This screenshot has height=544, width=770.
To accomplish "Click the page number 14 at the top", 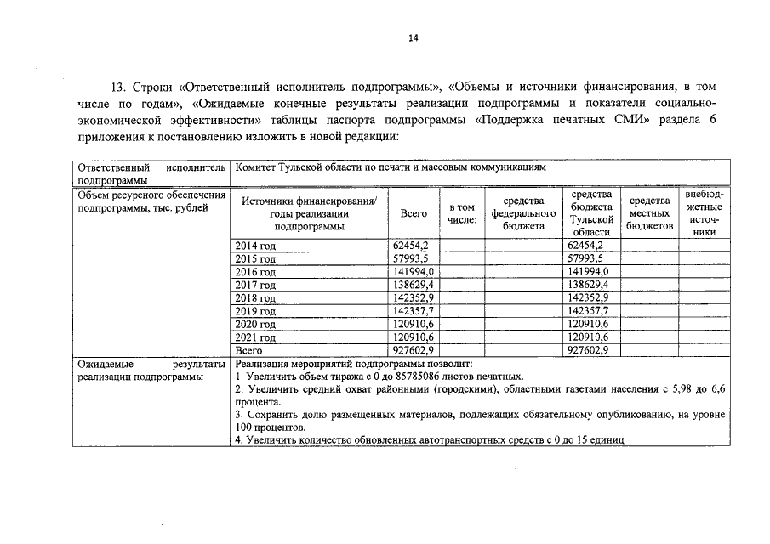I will (413, 37).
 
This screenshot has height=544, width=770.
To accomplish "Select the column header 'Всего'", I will (414, 214).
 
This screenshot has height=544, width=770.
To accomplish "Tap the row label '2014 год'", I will (255, 246).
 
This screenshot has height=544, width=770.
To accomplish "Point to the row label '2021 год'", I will (255, 337).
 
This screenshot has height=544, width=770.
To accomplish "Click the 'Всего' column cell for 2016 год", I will (414, 272).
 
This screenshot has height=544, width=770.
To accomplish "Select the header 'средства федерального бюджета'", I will (523, 213).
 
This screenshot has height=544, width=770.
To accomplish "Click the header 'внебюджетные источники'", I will (704, 213).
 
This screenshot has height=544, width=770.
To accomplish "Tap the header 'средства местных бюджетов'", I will (649, 213).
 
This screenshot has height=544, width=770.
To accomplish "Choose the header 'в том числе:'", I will (462, 213).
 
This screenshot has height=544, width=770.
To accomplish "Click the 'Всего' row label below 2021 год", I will (248, 350).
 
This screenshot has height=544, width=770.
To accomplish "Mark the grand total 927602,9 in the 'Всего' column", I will (414, 350).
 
